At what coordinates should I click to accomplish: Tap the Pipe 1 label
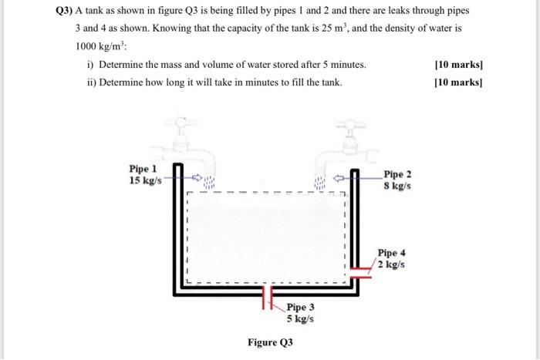[x=143, y=168]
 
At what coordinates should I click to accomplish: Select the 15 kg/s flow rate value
[x=145, y=180]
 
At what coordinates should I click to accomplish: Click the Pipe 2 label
[x=398, y=175]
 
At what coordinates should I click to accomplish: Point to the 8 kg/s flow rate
[x=397, y=187]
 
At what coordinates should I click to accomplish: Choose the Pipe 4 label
[x=392, y=253]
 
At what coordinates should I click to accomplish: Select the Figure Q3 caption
[x=270, y=341]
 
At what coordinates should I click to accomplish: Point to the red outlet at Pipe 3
[x=267, y=296]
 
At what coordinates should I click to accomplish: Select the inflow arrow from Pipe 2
[x=337, y=177]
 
